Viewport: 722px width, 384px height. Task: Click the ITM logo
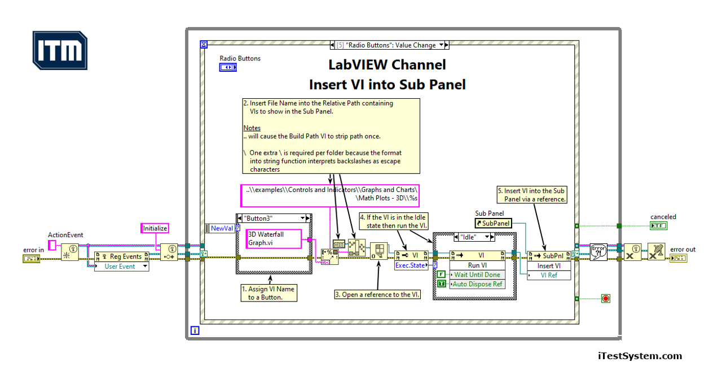(60, 51)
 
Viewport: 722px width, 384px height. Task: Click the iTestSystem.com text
(640, 356)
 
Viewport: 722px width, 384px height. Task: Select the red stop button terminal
(606, 298)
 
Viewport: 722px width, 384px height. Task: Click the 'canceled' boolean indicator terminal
(658, 226)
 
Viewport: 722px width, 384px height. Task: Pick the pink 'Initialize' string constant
(155, 228)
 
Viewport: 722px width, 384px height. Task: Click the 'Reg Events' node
(121, 256)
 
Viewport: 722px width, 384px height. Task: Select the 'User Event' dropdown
(121, 266)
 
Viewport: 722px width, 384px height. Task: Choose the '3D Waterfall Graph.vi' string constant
(273, 239)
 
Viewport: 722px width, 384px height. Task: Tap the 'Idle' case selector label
(470, 238)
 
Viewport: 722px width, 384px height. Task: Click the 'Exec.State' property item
(410, 265)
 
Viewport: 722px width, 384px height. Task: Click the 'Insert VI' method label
(549, 265)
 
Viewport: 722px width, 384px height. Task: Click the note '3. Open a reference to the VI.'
(377, 294)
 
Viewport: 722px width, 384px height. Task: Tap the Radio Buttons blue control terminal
(227, 67)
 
